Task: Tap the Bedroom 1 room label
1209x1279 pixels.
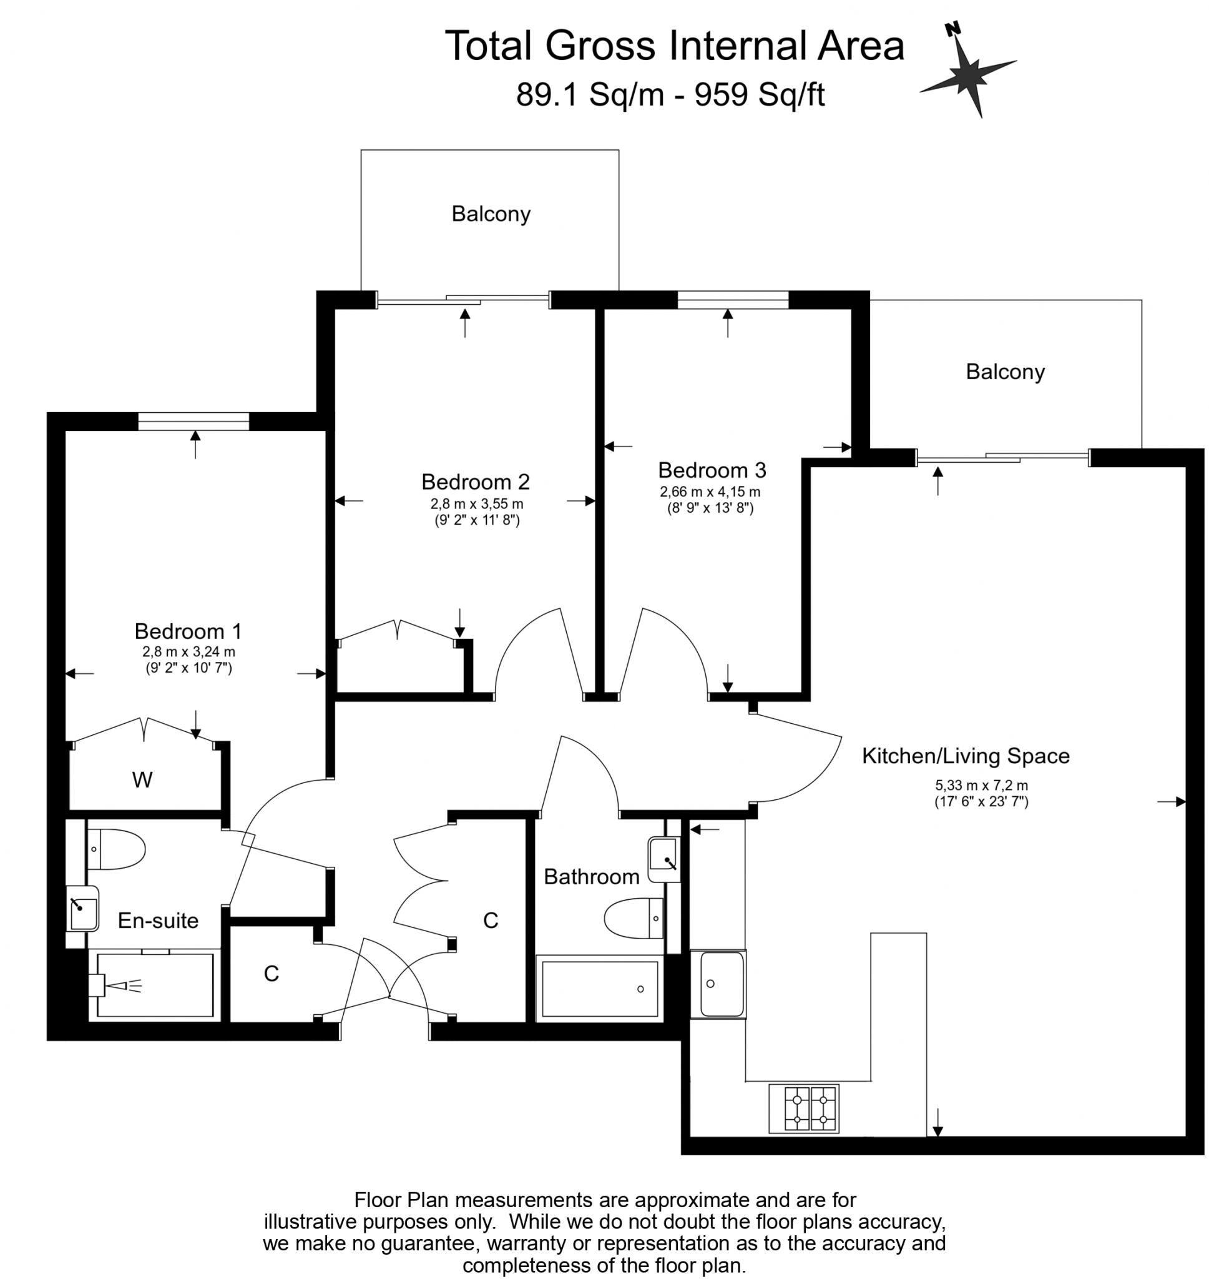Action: coord(187,631)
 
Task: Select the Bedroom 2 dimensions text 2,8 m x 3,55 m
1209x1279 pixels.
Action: coord(477,503)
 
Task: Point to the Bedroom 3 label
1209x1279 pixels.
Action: coord(712,470)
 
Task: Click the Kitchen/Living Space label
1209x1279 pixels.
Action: coord(966,756)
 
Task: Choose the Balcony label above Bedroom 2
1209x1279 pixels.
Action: coord(491,214)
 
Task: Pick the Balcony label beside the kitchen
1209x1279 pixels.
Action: coord(1005,372)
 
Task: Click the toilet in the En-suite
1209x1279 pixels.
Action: coord(117,849)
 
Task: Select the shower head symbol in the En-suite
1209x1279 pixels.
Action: coord(120,985)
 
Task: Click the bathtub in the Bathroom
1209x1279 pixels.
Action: coord(599,988)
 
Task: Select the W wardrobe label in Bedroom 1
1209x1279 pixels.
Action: coord(142,780)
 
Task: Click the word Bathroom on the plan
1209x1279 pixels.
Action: coord(591,876)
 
